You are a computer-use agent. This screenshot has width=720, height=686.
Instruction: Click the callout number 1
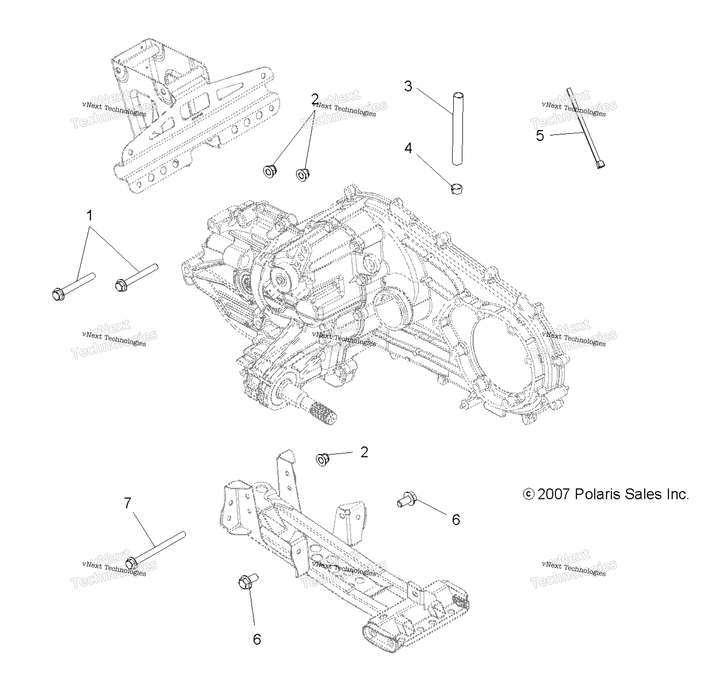click(x=90, y=215)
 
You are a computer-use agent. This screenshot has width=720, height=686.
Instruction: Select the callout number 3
click(x=408, y=86)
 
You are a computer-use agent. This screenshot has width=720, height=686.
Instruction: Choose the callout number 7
click(x=127, y=504)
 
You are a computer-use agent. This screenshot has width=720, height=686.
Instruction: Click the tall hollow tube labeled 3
click(x=457, y=129)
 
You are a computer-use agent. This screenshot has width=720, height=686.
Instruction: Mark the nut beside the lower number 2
click(x=322, y=459)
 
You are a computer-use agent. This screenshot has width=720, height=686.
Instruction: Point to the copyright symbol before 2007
click(x=528, y=494)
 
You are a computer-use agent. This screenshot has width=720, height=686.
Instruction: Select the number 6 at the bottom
click(x=257, y=639)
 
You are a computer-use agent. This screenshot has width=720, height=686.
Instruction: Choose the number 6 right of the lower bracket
click(x=456, y=520)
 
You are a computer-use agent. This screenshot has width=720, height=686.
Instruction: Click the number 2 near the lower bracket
click(x=364, y=452)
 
